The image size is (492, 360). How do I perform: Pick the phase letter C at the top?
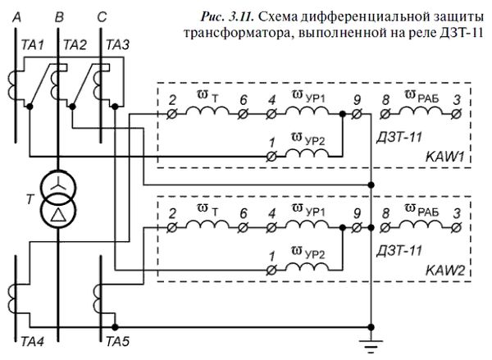(101, 14)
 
